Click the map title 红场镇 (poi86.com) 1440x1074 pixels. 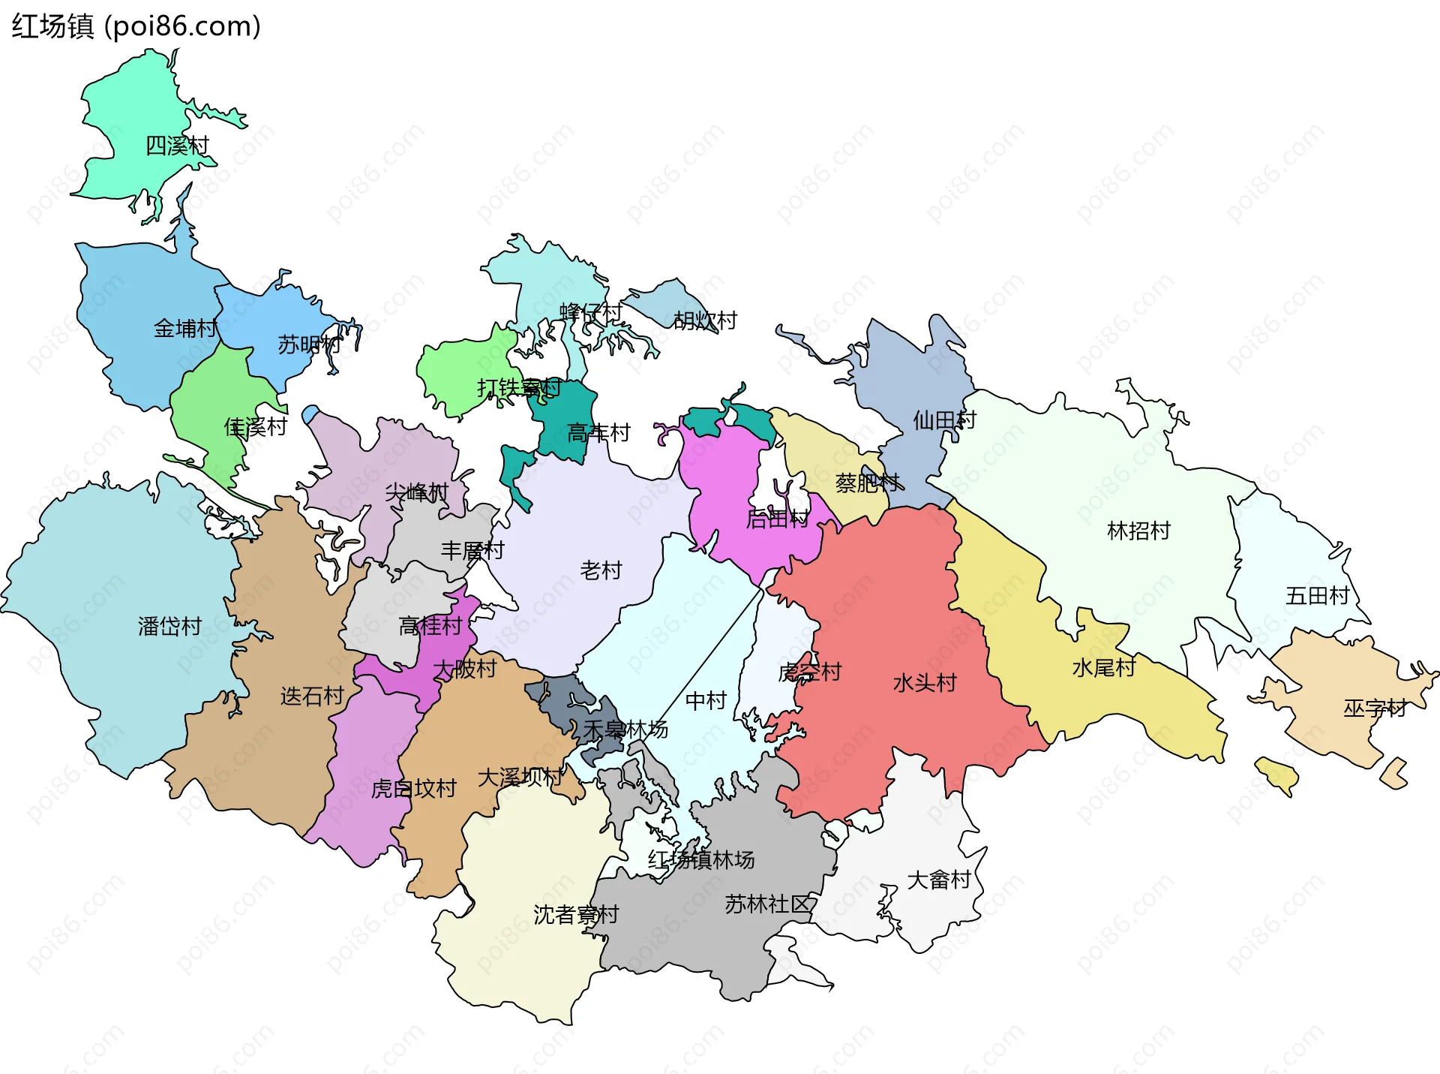[136, 26]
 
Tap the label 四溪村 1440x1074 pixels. [177, 146]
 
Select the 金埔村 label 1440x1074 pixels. [185, 328]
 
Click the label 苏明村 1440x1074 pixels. [309, 344]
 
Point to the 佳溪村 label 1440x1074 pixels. [256, 427]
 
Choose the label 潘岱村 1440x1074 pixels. [170, 626]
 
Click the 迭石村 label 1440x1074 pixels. [312, 696]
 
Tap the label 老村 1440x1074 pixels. [601, 570]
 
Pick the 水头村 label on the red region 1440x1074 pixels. [925, 683]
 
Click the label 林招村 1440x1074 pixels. [1138, 531]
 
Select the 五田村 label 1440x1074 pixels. [1317, 596]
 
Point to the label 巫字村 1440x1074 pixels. [1374, 708]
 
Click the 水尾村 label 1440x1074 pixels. [1104, 667]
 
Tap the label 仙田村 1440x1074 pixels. [944, 420]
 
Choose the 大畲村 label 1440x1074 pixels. [939, 880]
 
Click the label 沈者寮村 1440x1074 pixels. [576, 914]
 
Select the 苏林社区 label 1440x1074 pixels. [768, 904]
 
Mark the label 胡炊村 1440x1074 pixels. [705, 320]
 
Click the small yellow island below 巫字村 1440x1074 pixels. [1277, 775]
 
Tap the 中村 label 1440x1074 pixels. [706, 700]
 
